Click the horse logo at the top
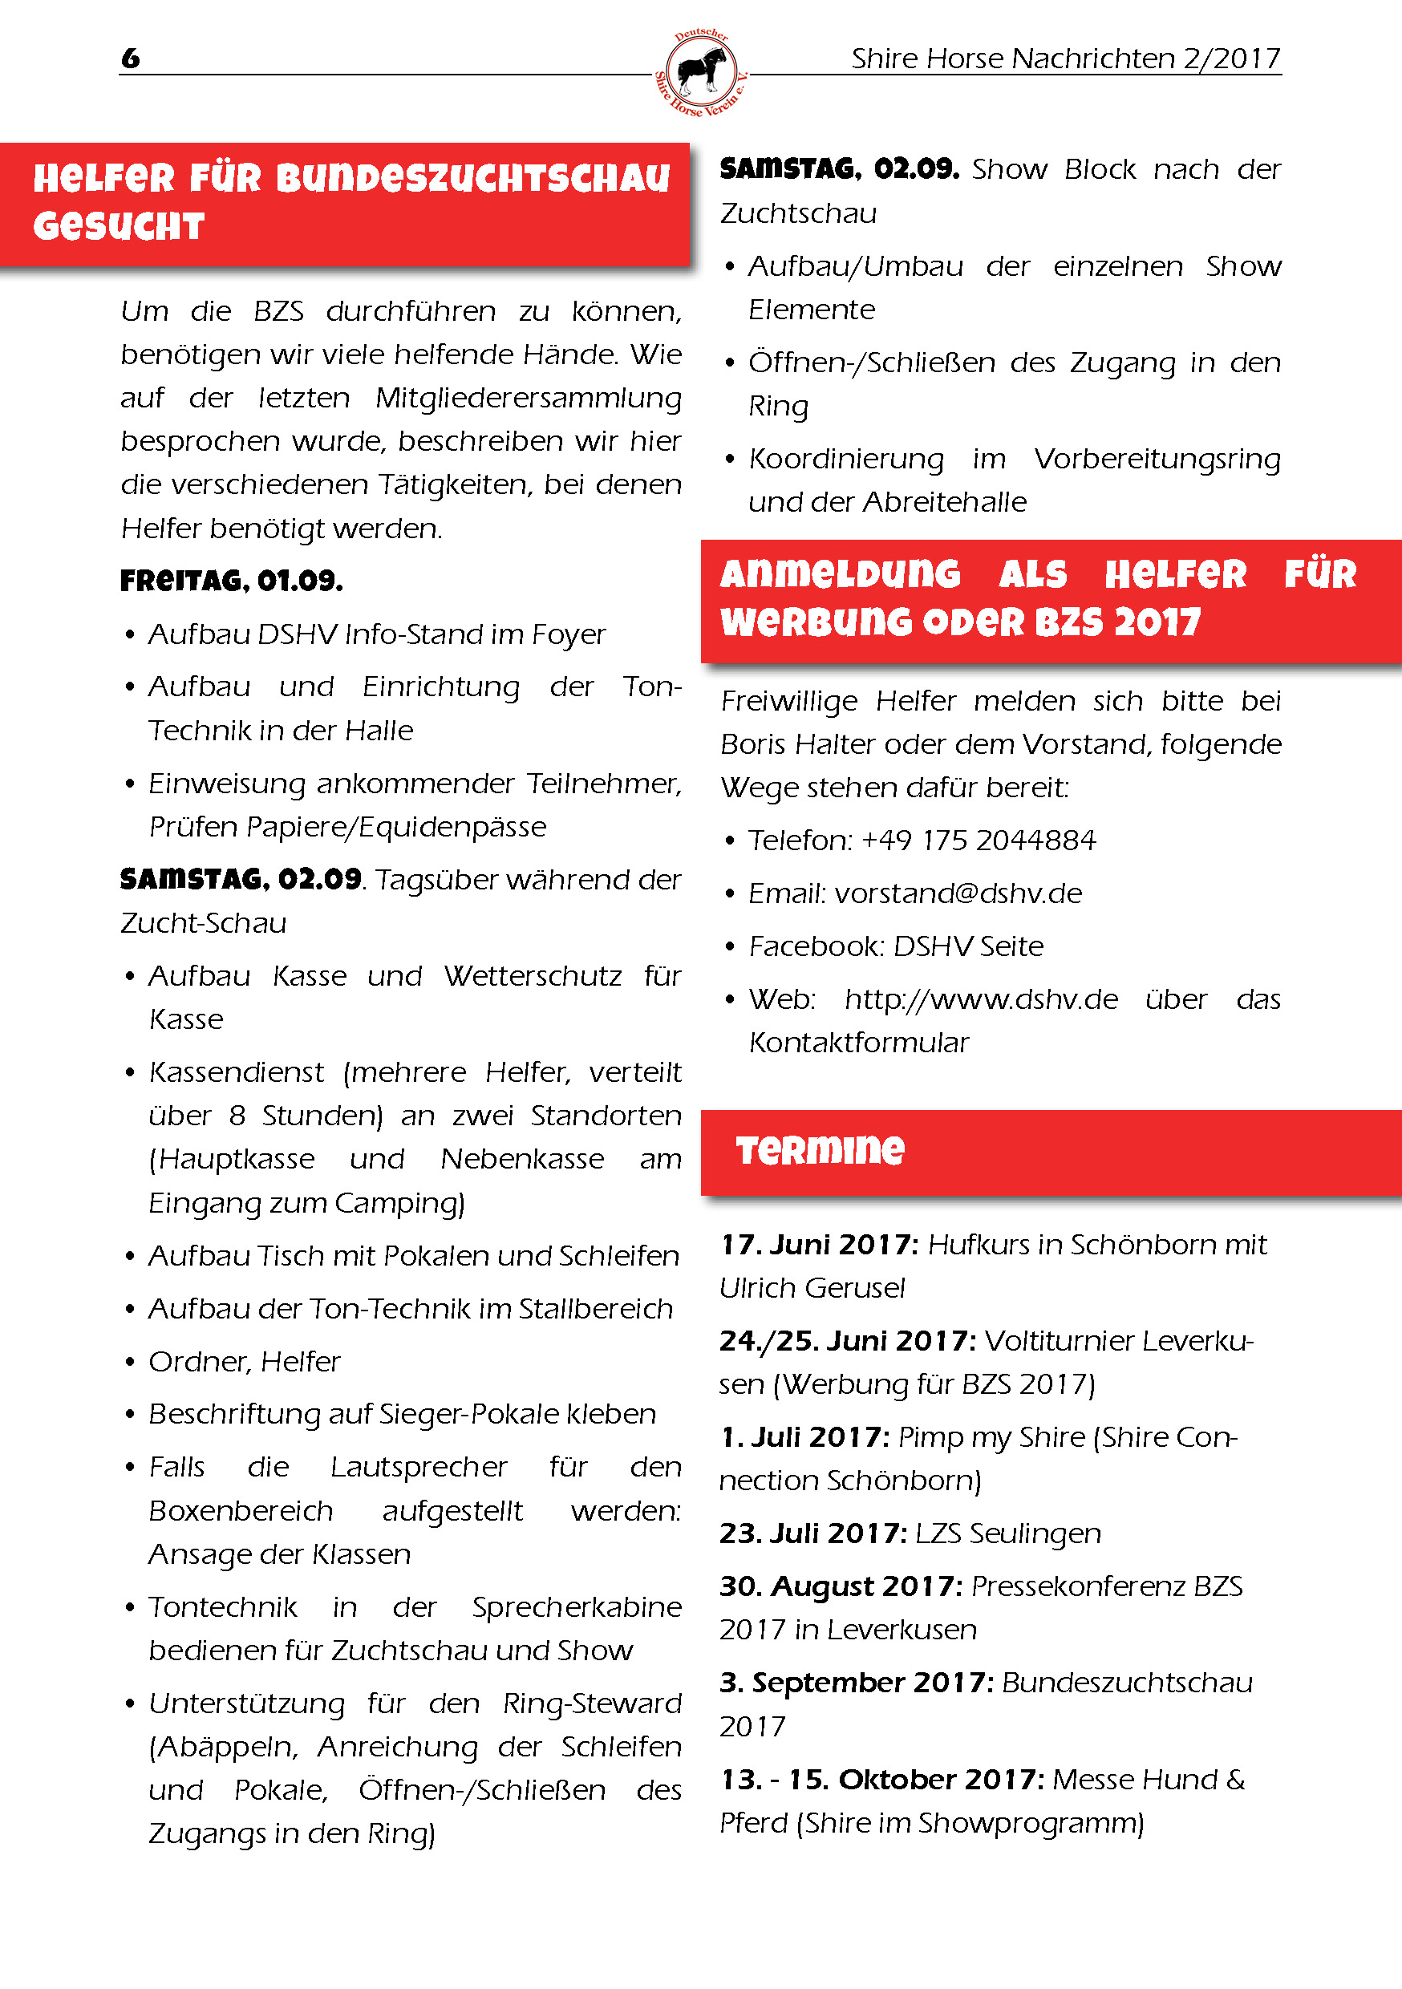pos(700,73)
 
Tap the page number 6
pos(131,58)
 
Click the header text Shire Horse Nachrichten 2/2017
pos(1065,58)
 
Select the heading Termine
pos(820,1149)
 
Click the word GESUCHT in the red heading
pos(119,227)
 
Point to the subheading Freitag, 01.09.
pos(231,581)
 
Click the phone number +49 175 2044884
pos(979,840)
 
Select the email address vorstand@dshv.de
pos(958,893)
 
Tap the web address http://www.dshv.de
pos(981,999)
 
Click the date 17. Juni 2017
pos(819,1245)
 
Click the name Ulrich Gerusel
pos(812,1288)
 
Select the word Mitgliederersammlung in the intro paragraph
pos(529,398)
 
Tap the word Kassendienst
pos(237,1072)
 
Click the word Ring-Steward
pos(592,1703)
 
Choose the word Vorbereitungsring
pos(1157,458)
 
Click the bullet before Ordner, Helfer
pos(130,1362)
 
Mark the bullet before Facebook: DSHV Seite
pos(730,946)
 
